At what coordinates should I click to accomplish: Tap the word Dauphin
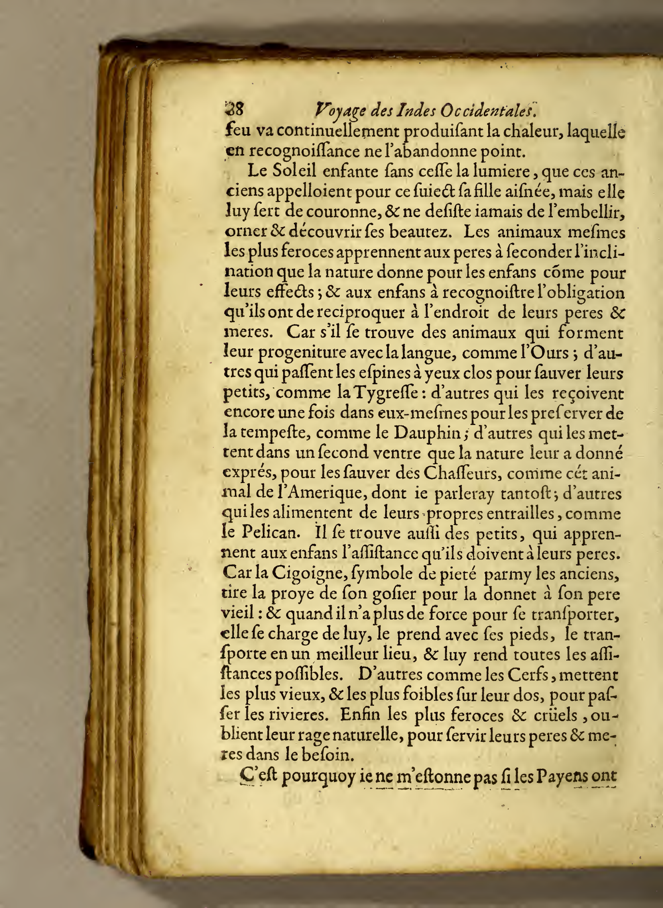(425, 434)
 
